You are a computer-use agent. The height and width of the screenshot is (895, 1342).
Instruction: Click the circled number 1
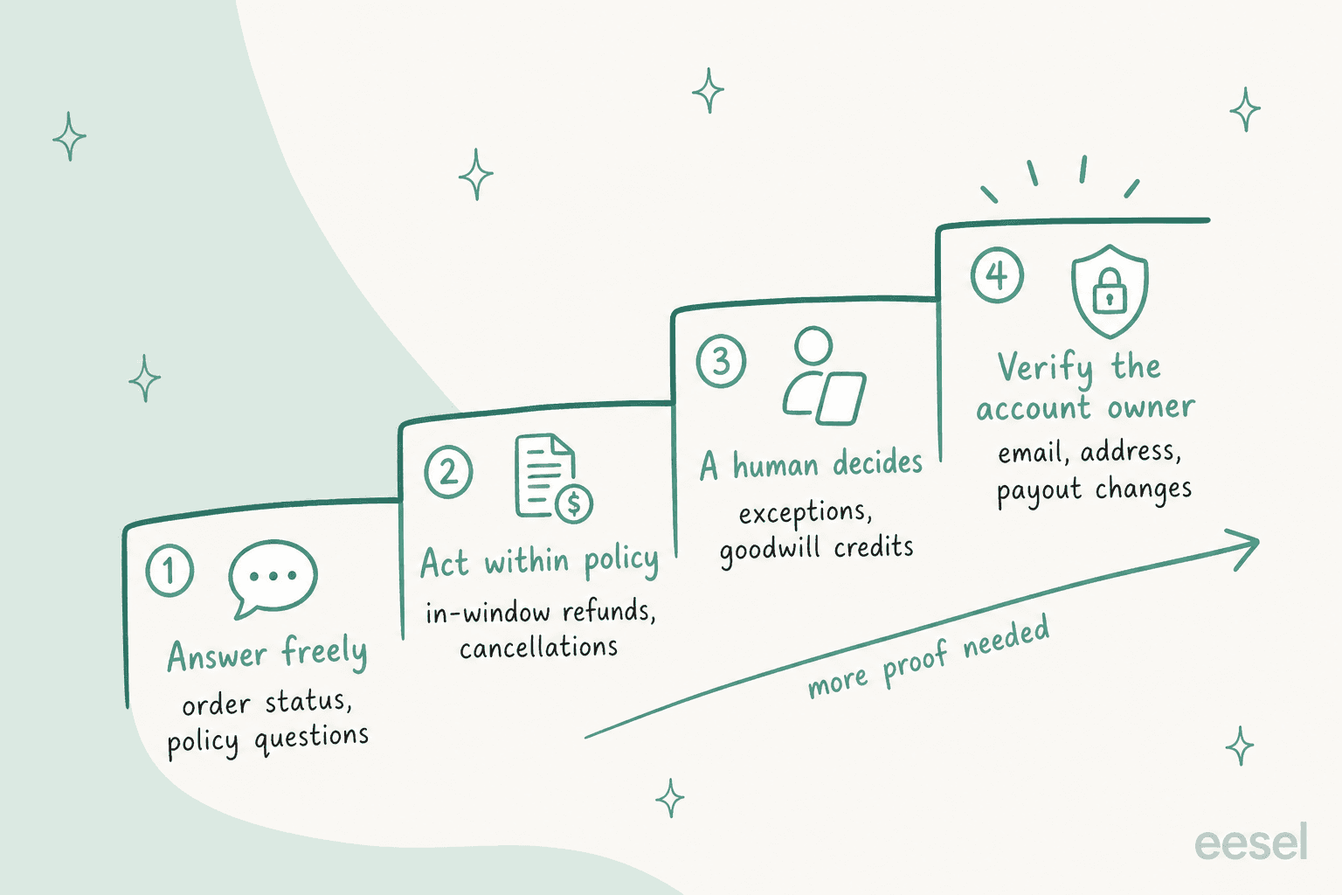coord(169,570)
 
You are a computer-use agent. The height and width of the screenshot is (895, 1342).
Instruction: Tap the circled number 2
coord(448,472)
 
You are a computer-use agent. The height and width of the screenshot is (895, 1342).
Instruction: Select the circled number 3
coord(721,361)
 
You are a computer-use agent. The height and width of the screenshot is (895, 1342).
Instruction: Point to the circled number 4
coord(997,275)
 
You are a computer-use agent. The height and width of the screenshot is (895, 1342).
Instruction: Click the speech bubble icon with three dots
coord(273,578)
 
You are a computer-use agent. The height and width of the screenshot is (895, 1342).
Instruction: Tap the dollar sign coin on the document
coord(574,503)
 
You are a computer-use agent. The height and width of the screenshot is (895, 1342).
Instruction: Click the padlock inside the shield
coord(1109,291)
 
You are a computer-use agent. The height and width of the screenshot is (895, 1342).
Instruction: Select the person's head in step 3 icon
coord(813,346)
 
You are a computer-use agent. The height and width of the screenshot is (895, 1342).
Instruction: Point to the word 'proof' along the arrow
coord(914,663)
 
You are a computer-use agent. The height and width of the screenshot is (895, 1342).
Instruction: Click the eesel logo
coord(1251,842)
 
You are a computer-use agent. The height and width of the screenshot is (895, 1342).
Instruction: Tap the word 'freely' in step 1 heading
coord(325,652)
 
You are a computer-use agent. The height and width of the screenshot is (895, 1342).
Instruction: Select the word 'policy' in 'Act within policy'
coord(621,561)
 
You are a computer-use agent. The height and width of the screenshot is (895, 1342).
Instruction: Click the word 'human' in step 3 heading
coord(776,465)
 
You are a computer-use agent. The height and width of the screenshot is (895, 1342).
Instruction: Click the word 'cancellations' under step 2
coord(538,648)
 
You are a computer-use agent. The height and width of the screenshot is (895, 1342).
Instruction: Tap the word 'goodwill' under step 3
coord(770,551)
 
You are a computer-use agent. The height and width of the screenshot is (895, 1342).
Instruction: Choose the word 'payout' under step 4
coord(1040,492)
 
